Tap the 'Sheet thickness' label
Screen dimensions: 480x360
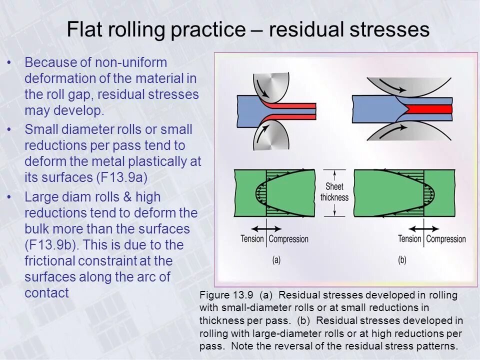[334, 192]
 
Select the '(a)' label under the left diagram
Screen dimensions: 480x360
[276, 260]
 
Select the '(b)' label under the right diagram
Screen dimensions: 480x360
[402, 260]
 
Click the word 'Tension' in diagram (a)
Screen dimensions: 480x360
[252, 239]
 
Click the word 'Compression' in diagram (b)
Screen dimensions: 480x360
[446, 239]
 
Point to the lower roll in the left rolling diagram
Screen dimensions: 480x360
[273, 135]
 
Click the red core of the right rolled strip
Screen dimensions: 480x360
[430, 109]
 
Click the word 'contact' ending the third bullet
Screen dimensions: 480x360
[46, 293]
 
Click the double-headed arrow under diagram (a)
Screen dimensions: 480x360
[268, 228]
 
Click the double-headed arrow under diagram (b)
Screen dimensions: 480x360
[425, 228]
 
